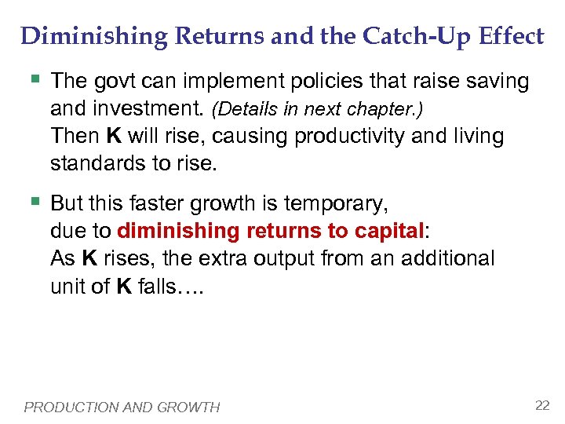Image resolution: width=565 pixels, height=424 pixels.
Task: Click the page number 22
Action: (541, 405)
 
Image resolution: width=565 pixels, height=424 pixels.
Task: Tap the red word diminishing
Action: (178, 232)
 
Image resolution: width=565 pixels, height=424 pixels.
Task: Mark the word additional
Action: (448, 259)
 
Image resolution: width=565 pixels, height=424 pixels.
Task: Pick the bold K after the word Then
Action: (113, 136)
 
